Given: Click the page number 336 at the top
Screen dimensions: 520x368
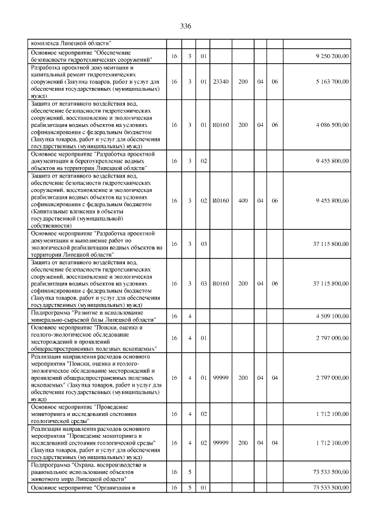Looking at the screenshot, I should (x=185, y=27).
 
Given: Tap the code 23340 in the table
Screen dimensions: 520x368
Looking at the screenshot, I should (x=221, y=82).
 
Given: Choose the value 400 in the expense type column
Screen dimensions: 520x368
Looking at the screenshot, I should (x=243, y=201).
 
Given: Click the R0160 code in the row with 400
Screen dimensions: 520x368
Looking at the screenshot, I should (x=221, y=201).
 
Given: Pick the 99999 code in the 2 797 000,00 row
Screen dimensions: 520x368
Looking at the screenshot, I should (x=221, y=378).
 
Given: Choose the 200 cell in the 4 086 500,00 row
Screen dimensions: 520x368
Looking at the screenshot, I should (x=243, y=125).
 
